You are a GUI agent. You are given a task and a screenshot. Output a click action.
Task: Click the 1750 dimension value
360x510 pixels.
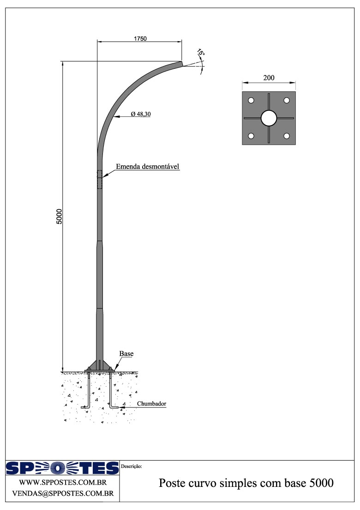140,39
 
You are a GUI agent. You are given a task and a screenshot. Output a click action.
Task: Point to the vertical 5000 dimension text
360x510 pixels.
59,216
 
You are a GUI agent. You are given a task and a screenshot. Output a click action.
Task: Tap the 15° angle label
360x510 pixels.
201,53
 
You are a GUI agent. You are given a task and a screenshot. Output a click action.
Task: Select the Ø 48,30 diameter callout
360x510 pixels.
141,114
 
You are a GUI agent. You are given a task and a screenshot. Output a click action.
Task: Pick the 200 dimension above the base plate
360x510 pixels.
269,78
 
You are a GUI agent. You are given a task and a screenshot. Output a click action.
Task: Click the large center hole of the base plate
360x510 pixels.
269,118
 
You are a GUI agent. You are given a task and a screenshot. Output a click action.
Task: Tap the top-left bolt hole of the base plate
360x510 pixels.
251,100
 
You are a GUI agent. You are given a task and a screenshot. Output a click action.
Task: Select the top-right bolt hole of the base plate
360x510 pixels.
287,100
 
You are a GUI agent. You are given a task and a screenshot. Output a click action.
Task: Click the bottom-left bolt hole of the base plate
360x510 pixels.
251,136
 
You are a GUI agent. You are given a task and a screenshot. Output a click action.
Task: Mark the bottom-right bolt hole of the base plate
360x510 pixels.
287,136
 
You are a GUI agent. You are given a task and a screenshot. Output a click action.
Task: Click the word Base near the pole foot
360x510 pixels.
126,354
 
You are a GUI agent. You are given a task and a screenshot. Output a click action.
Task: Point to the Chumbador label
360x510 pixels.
151,404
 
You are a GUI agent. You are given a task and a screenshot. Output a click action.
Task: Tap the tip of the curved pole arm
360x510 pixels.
181,63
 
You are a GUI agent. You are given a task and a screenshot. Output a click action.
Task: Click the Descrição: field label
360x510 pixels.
132,466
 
